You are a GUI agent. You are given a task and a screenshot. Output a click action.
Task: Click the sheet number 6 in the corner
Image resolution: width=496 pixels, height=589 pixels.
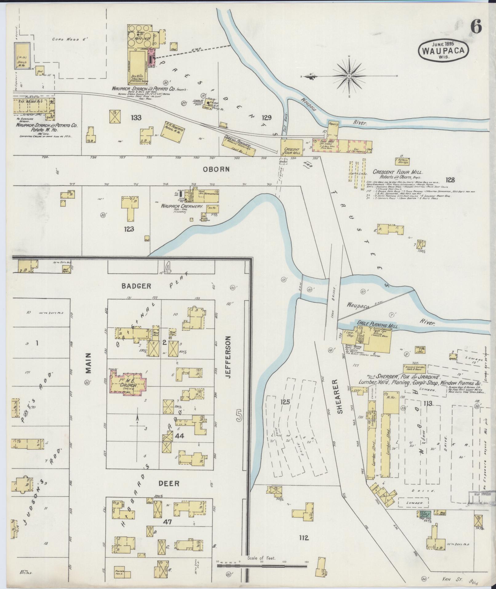tap(476, 28)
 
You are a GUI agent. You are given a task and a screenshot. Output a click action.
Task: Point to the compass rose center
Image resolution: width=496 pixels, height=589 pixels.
tap(349, 76)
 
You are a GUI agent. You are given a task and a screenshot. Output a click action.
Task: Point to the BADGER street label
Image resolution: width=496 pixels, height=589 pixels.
tap(136, 286)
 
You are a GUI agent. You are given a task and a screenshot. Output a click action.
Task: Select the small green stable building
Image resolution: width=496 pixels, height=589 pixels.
tap(437, 512)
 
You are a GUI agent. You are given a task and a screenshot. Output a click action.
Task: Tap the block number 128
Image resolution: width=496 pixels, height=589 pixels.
tap(451, 180)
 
